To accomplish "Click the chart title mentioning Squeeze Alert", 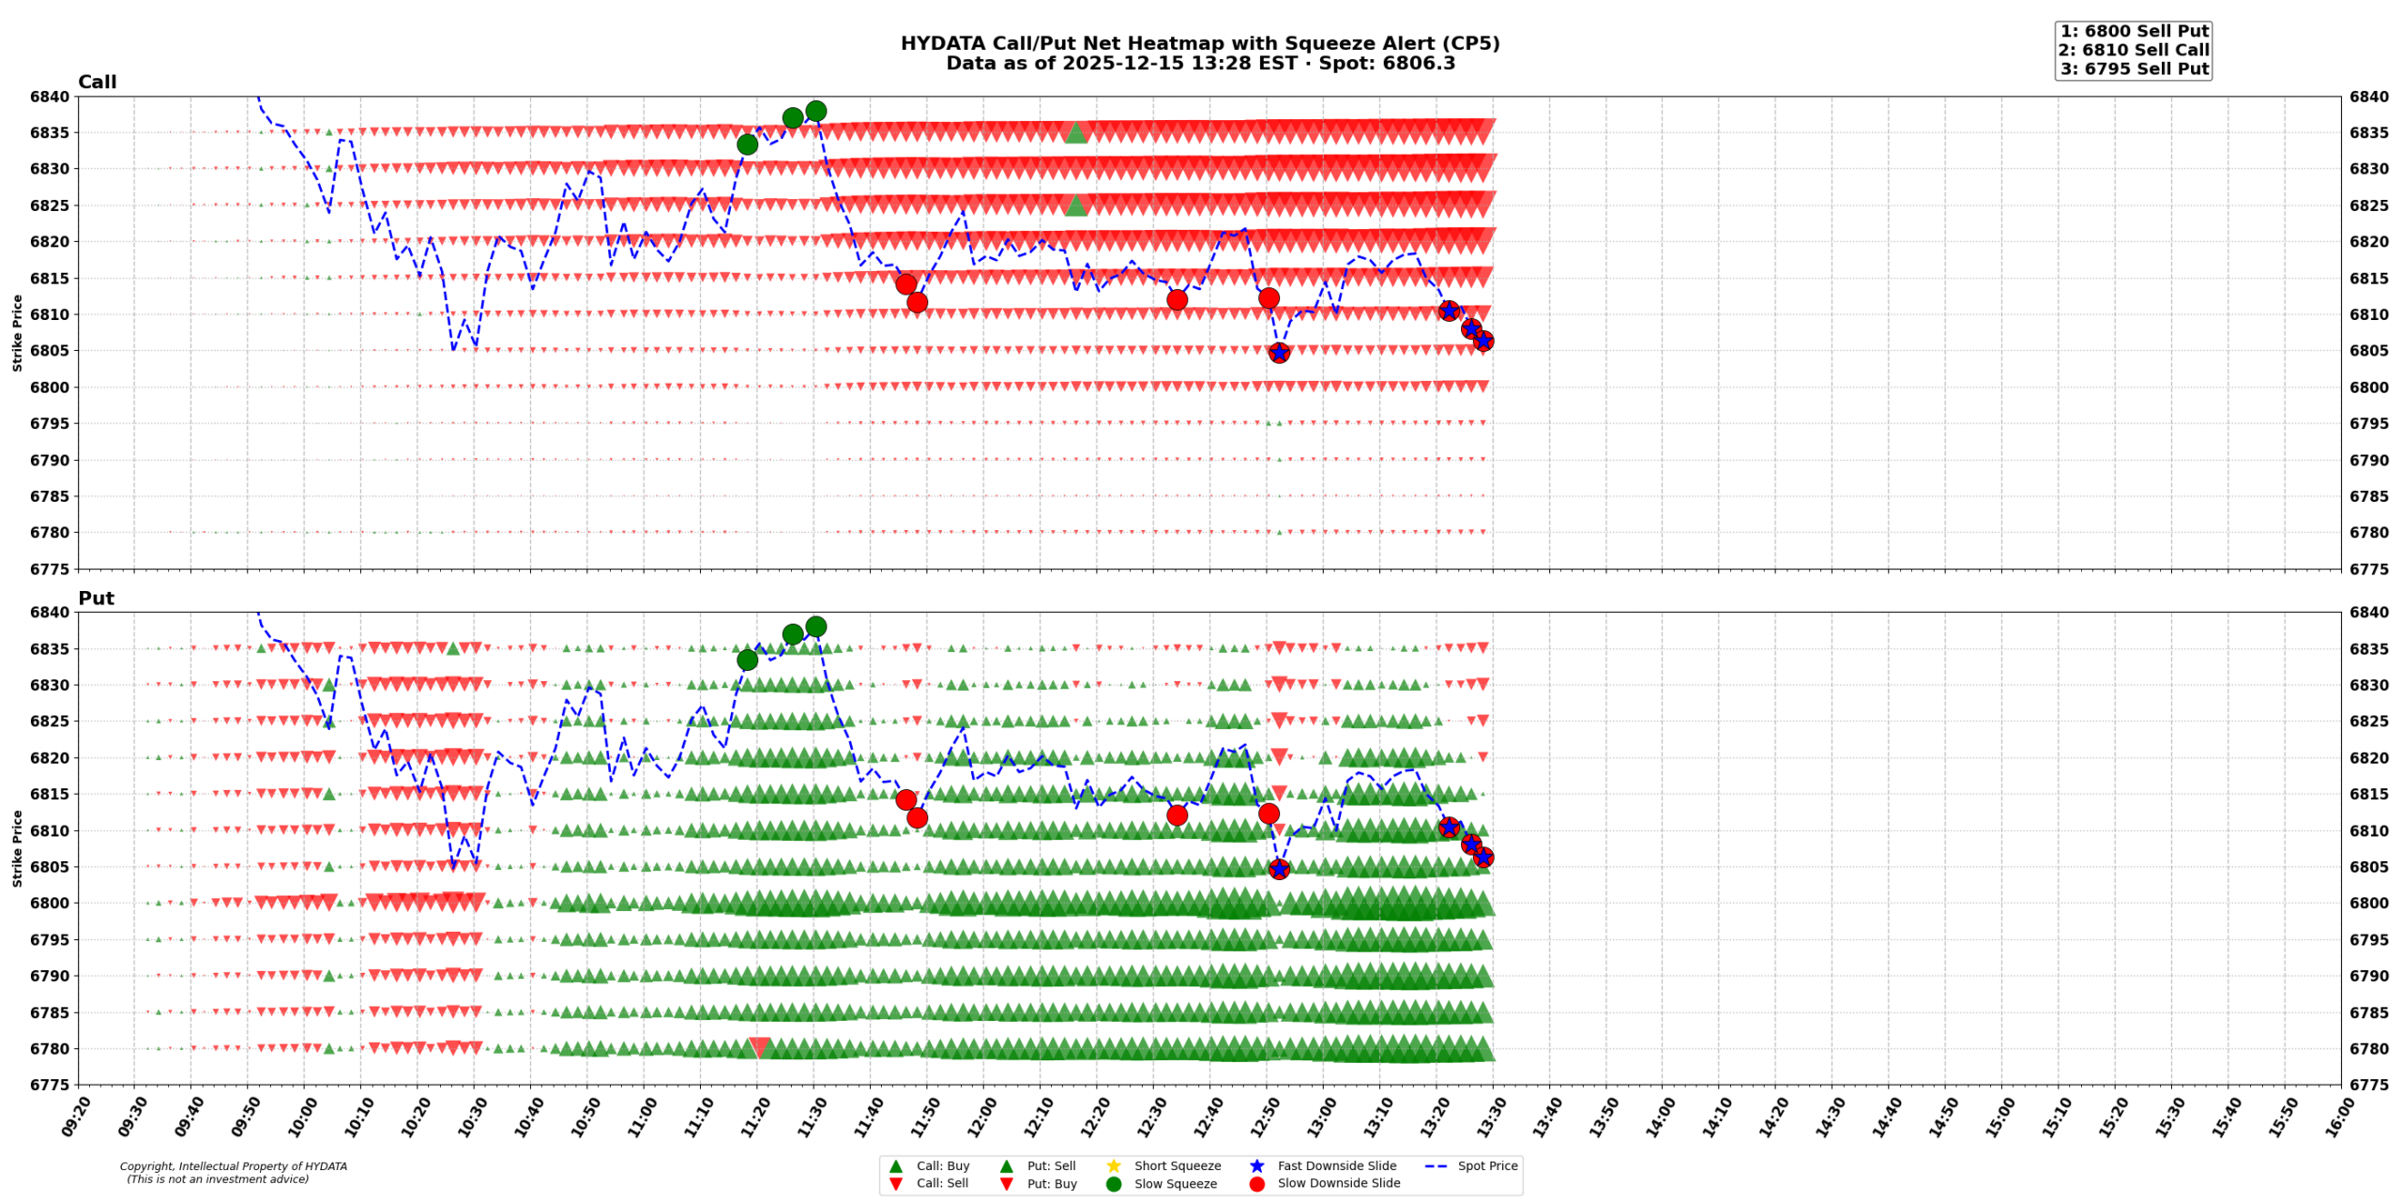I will [x=1199, y=44].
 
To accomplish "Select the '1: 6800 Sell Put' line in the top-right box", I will [x=2134, y=32].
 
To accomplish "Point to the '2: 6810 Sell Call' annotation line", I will [x=2134, y=51].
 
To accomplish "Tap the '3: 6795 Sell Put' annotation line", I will [x=2134, y=69].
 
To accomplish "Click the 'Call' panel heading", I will [x=97, y=83].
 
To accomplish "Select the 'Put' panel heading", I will [x=96, y=599].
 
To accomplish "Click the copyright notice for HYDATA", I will [x=233, y=1173].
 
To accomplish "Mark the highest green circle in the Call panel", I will [x=815, y=112].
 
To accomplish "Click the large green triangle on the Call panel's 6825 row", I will [x=1076, y=205].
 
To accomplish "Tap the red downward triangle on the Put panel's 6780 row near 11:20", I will [x=759, y=1047].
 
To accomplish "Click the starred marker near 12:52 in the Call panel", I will [x=1279, y=353].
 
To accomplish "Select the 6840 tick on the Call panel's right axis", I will [x=2369, y=97].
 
